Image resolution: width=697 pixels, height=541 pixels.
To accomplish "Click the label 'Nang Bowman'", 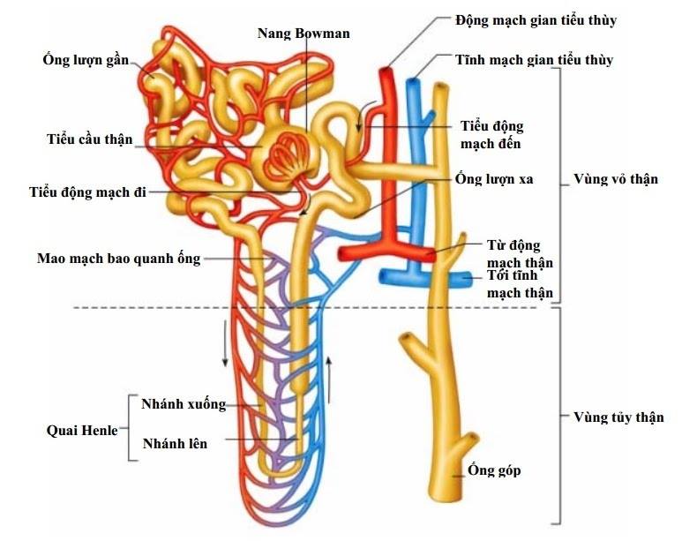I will coord(303,34).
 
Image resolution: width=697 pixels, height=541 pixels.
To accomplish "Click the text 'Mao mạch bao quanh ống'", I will coord(118,259).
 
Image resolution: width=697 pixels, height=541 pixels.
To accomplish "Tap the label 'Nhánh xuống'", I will coord(184,404).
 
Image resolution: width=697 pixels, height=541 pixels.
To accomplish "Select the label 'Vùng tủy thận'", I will coord(618,417).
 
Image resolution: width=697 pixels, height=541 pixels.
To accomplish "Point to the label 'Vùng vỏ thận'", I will coord(616,179).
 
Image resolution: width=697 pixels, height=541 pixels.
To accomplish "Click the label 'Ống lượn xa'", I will coord(494,179).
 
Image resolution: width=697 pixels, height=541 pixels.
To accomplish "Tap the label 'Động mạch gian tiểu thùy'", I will coord(536,19).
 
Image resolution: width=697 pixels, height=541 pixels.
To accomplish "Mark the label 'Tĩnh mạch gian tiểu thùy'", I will coord(534,60).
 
